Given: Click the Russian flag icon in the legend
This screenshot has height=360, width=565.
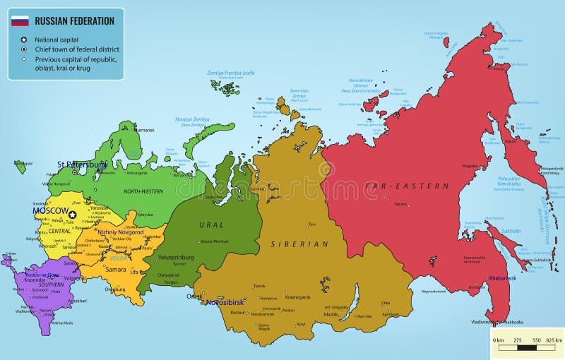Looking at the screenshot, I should click(x=20, y=21).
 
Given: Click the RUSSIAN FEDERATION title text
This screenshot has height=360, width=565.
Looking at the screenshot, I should click(x=75, y=21).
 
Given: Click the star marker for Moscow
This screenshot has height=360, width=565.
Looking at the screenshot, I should click(x=71, y=214).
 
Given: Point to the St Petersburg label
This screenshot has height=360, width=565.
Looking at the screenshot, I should click(x=82, y=164).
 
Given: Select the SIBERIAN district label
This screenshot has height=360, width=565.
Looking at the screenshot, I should click(x=300, y=244).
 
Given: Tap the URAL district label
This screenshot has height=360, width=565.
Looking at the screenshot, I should click(x=211, y=224).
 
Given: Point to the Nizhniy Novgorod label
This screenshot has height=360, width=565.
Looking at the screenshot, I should click(x=121, y=232).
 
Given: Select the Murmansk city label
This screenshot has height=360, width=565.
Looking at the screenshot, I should click(x=144, y=130).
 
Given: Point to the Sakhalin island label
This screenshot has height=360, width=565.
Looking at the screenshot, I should click(x=511, y=231).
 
